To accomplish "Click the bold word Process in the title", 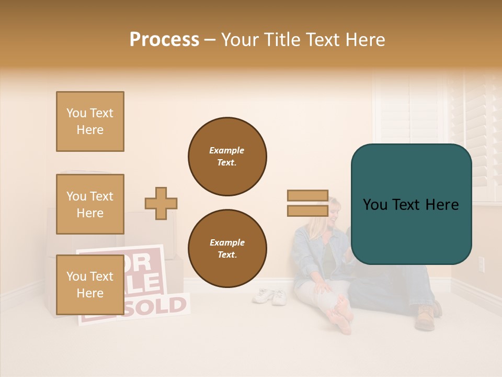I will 164,40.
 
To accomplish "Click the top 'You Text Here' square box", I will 90,121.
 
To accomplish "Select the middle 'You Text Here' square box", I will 90,204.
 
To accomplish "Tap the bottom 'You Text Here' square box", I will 90,285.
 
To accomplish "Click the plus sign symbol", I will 161,204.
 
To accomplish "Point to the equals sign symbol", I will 307,204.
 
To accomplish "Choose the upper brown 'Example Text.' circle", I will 227,156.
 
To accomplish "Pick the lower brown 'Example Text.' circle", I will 227,248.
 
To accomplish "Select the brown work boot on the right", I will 426,317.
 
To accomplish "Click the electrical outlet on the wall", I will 482,264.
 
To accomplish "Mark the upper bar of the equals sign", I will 307,196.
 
